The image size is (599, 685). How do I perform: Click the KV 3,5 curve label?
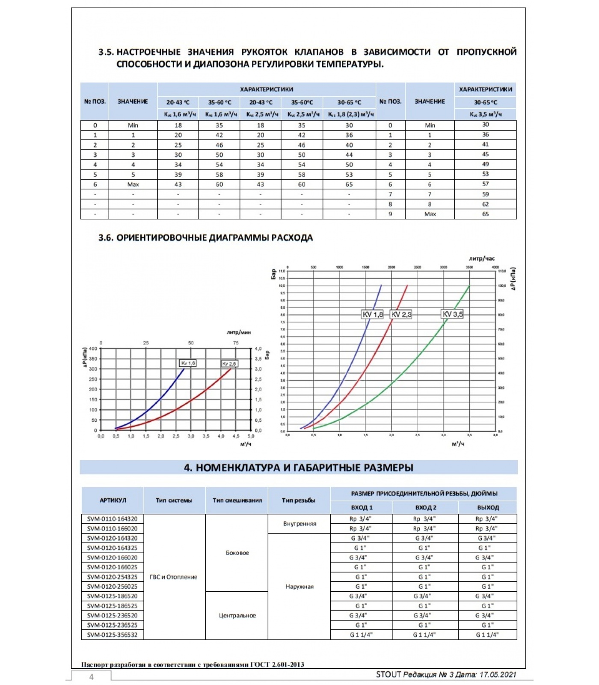pos(452,314)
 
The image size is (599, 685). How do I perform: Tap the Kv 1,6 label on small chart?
pos(188,363)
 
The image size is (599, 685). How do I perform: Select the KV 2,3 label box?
pos(401,314)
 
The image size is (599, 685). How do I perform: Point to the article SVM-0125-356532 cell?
pos(113,634)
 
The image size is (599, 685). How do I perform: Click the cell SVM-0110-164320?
pos(113,518)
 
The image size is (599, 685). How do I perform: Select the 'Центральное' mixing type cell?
pos(237,615)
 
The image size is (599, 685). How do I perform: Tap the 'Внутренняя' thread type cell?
pos(299,524)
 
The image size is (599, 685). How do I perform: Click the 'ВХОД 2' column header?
pos(426,507)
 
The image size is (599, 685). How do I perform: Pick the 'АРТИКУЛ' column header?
pos(113,500)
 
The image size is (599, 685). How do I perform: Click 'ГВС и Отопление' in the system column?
pos(173,577)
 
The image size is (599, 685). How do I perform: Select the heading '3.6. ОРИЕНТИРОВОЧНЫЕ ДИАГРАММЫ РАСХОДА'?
pos(205,238)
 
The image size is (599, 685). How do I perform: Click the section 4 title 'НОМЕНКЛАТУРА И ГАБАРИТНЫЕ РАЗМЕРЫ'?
pos(299,468)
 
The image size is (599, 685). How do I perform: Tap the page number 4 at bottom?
pos(91,677)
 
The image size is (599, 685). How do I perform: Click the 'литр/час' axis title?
pos(482,259)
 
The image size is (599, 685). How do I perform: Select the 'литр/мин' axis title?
pos(239,332)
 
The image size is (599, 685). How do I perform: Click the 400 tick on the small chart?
pos(93,348)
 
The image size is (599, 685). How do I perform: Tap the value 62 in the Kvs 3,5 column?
pos(485,204)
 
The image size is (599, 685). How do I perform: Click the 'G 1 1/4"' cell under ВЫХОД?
pos(487,634)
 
